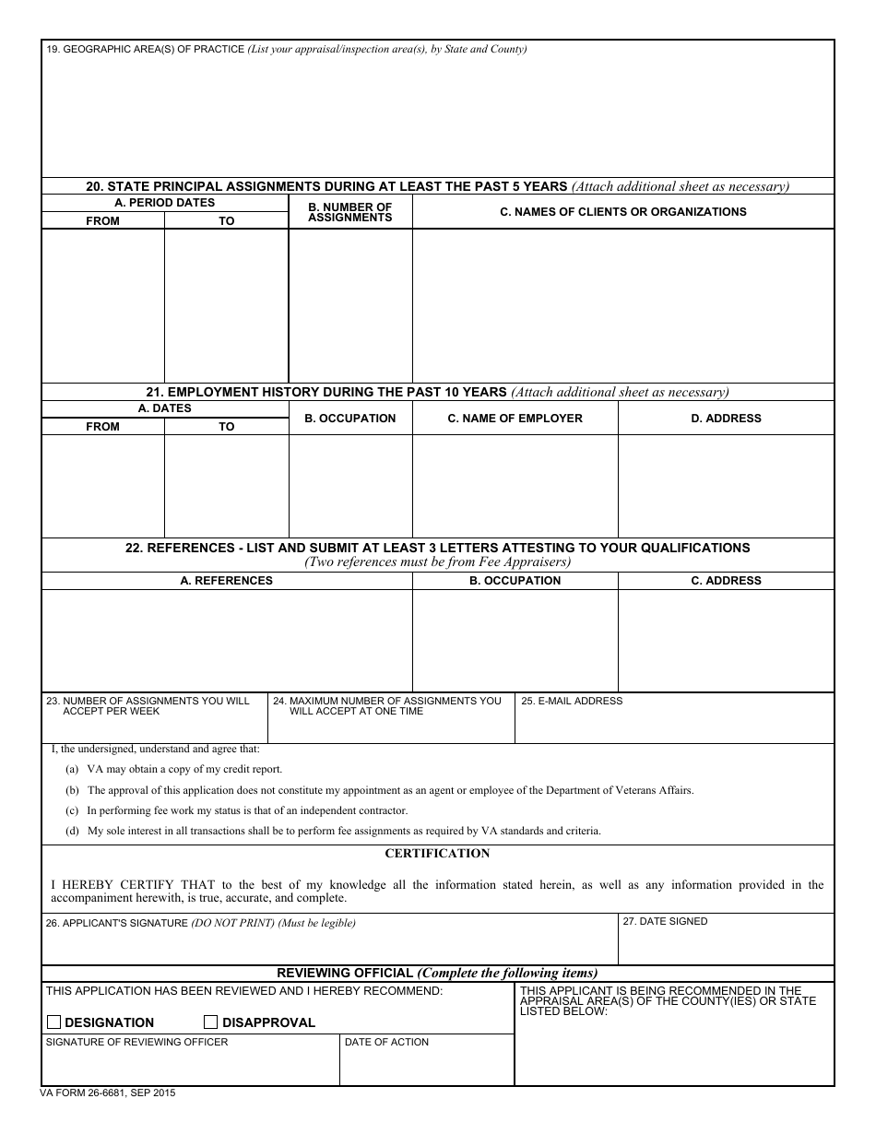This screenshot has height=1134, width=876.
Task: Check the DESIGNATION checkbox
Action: click(x=53, y=1022)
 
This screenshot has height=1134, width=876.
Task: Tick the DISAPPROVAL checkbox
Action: click(x=210, y=1022)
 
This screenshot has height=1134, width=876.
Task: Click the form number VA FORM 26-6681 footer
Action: click(x=107, y=1093)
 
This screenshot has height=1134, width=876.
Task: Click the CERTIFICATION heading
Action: click(x=437, y=853)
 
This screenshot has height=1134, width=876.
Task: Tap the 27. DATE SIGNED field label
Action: click(x=665, y=921)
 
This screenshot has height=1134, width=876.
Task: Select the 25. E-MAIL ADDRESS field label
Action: click(x=572, y=701)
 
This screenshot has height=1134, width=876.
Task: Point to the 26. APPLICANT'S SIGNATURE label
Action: click(x=200, y=923)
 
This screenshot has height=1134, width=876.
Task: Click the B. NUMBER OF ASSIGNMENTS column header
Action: click(x=349, y=212)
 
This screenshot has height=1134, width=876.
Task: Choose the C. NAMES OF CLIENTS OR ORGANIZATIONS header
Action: click(x=622, y=212)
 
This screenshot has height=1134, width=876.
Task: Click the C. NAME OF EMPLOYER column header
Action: click(x=515, y=419)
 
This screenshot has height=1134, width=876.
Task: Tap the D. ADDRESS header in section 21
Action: click(x=726, y=419)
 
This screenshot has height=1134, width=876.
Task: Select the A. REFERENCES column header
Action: click(x=226, y=581)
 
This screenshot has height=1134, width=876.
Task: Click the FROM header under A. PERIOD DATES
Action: click(x=102, y=221)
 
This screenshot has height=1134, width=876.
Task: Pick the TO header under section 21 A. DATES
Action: click(x=226, y=427)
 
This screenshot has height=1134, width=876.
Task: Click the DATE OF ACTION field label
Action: click(x=386, y=1042)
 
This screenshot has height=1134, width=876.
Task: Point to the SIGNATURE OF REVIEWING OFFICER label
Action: click(x=136, y=1042)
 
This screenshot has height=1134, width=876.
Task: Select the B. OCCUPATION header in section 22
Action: click(x=515, y=581)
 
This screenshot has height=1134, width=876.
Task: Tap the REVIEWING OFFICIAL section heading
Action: click(x=437, y=973)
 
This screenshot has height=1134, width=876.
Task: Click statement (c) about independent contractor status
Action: click(x=246, y=810)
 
